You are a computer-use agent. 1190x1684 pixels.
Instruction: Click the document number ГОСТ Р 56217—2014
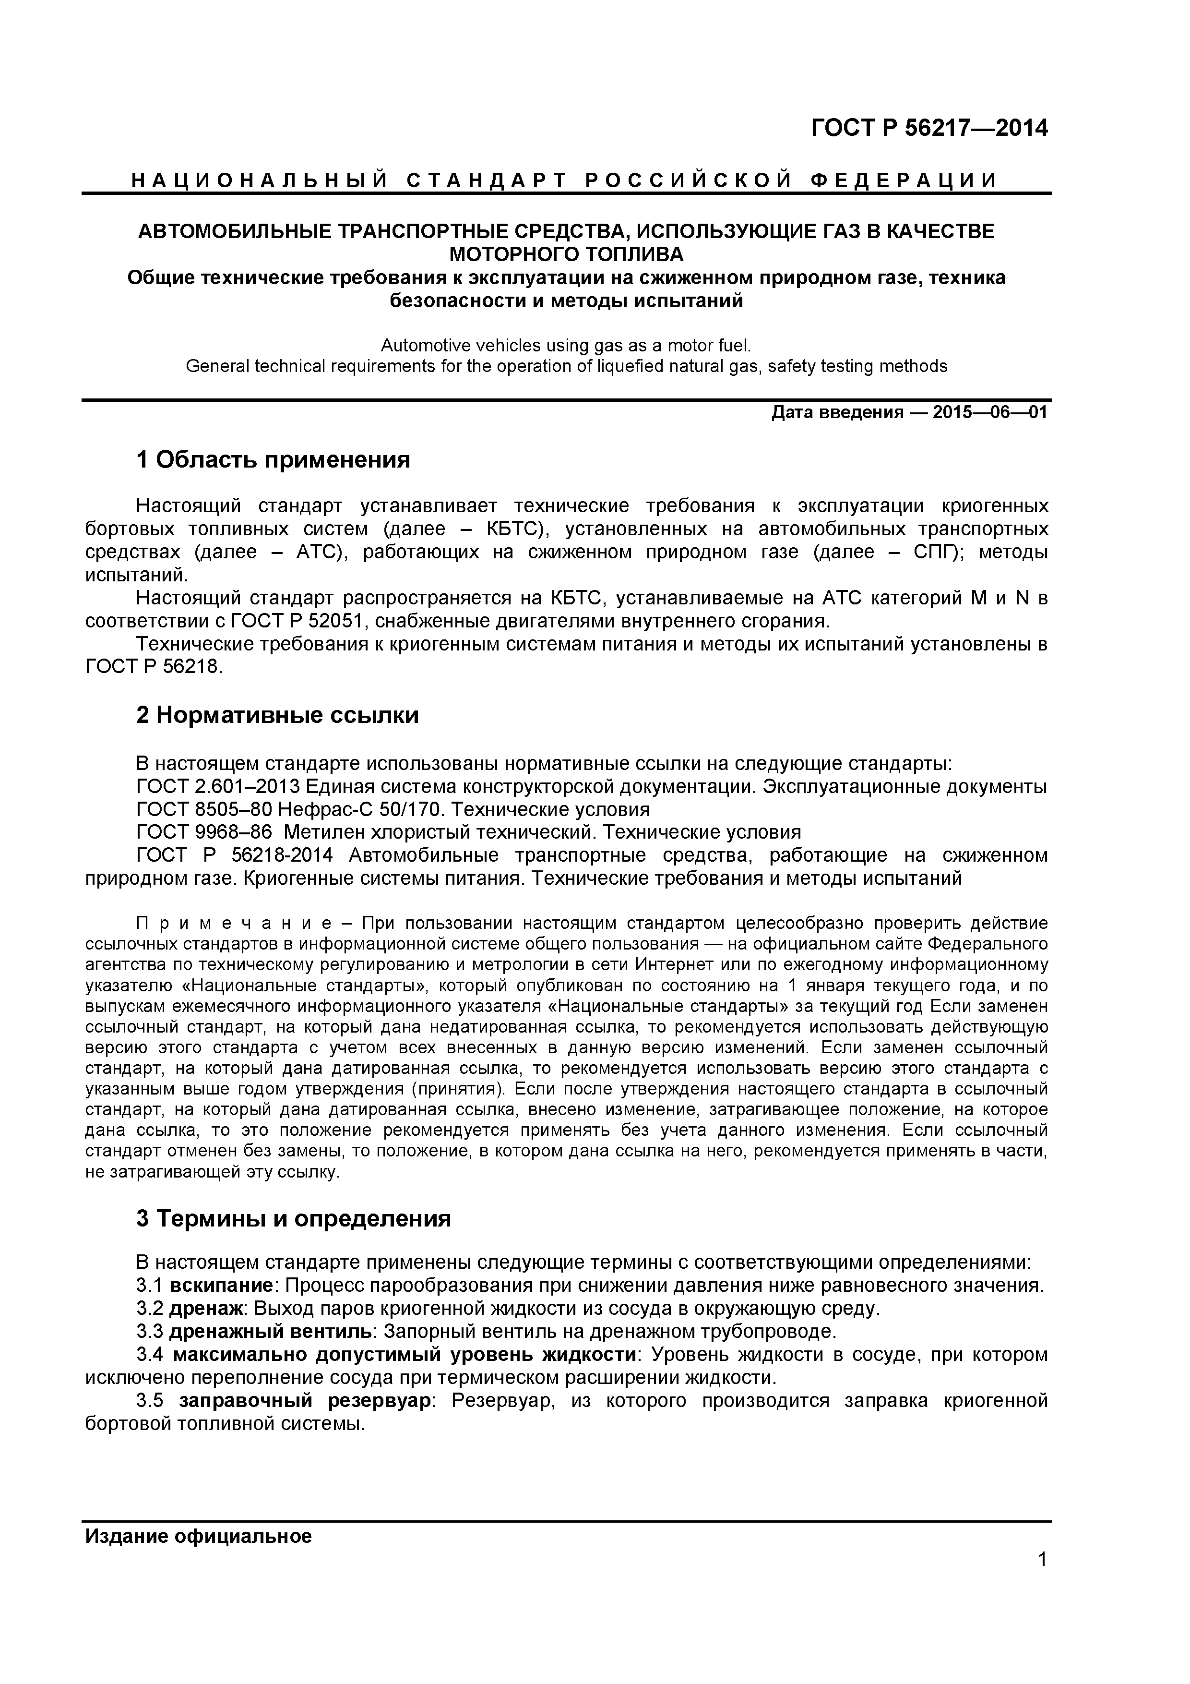point(929,128)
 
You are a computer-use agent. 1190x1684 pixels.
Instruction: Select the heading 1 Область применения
point(273,461)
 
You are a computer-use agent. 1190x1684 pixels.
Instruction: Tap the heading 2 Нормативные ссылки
point(277,715)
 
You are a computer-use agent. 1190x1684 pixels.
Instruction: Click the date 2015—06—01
point(990,412)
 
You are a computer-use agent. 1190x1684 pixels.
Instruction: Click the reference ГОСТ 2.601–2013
point(218,787)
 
